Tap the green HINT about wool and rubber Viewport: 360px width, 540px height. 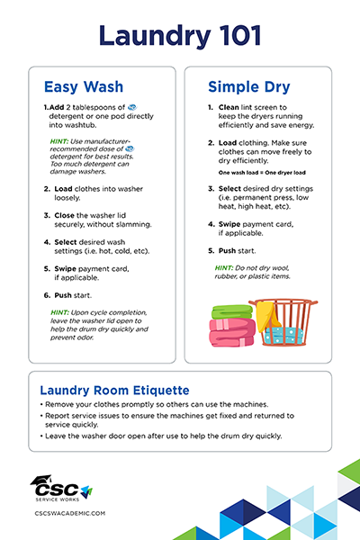point(224,268)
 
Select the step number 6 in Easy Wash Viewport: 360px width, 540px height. point(46,294)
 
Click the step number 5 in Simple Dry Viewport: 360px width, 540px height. point(211,250)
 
